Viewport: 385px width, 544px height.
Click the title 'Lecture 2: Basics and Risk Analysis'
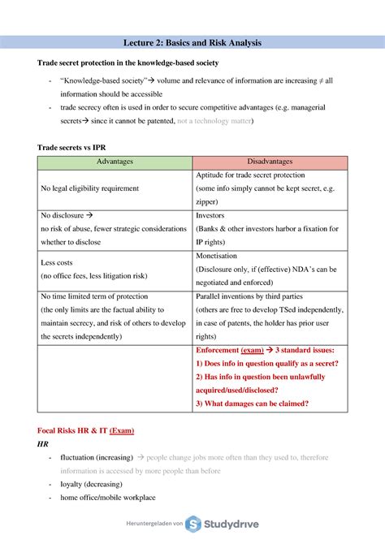pos(192,42)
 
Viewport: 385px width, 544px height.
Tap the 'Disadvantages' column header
pos(270,162)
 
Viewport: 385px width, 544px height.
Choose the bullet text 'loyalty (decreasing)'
pos(94,484)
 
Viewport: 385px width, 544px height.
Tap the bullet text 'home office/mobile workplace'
pos(108,498)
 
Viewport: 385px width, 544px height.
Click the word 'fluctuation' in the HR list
pos(79,458)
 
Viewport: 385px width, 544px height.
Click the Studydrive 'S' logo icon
pos(194,525)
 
